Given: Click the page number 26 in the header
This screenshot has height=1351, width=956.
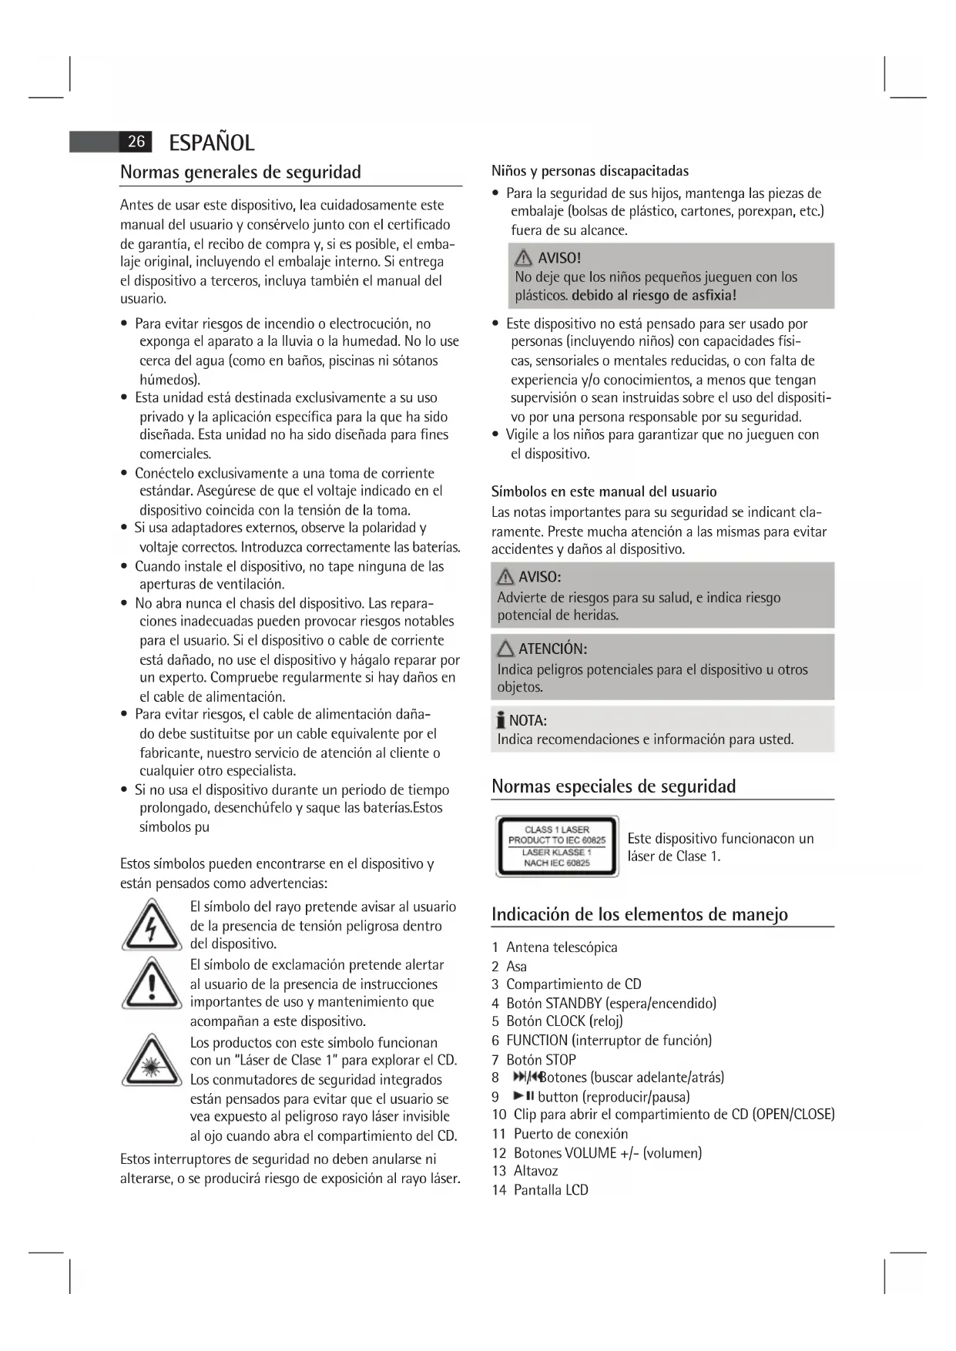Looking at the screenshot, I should (136, 142).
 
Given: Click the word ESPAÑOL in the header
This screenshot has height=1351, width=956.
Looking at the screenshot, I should (211, 142).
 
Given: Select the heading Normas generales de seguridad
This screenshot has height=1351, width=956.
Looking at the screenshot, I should (240, 172).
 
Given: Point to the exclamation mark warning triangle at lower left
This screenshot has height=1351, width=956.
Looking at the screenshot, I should (151, 984).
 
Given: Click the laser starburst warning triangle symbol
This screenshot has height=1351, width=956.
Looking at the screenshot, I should (151, 1062).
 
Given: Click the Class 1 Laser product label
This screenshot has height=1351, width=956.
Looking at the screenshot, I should (557, 846).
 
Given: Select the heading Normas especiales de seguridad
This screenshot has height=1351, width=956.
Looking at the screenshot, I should (613, 786).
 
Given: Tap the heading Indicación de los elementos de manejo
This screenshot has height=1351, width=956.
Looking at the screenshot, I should (639, 914).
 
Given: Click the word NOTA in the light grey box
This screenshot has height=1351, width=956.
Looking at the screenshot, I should (528, 721).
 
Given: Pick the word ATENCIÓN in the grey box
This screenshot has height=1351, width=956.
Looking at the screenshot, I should (552, 649).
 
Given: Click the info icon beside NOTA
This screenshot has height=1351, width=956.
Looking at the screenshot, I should (501, 721).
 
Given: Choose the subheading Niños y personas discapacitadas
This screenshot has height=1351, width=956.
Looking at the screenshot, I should (590, 171).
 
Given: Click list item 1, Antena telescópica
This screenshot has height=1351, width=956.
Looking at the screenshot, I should (561, 947).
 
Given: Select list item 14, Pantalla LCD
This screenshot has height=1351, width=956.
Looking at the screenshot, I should (550, 1190).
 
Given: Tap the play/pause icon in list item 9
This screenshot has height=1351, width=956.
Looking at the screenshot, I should (524, 1096).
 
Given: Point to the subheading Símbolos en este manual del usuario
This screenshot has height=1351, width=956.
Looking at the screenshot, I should (604, 491).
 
